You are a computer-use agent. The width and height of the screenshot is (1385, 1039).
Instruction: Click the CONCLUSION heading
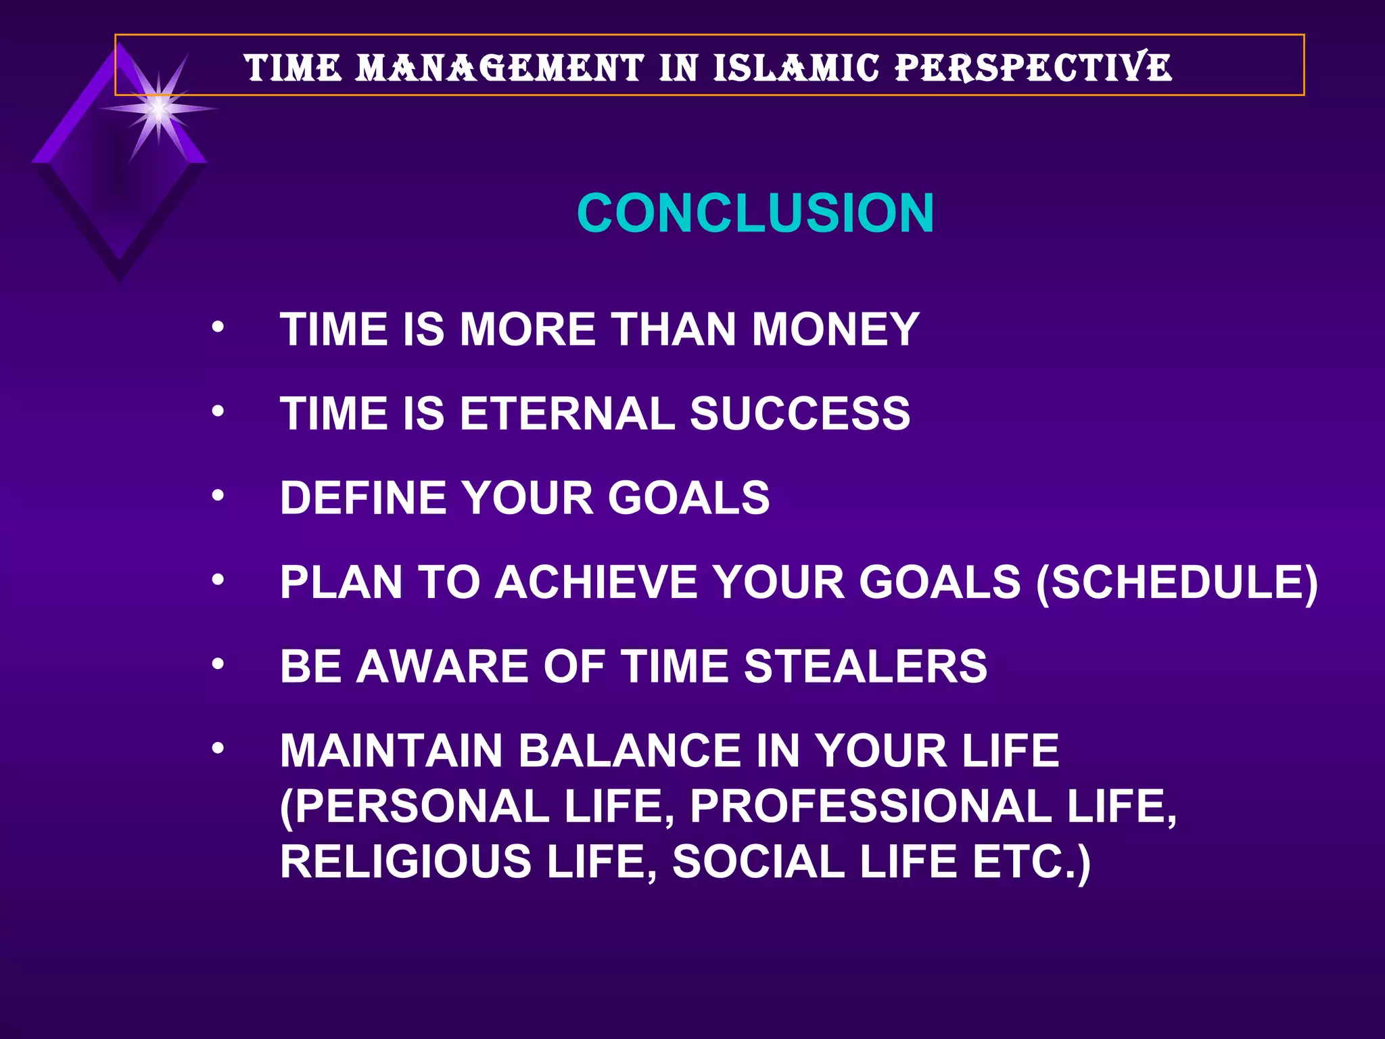(x=755, y=214)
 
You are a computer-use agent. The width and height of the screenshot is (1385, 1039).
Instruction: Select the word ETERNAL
(x=567, y=414)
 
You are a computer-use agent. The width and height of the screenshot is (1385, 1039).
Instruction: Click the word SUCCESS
(x=800, y=414)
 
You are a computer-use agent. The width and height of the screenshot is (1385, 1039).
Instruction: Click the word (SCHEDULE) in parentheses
(x=1177, y=583)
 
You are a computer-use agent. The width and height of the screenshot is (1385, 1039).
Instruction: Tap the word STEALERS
(x=866, y=667)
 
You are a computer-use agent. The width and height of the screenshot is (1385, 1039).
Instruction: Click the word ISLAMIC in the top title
(x=796, y=68)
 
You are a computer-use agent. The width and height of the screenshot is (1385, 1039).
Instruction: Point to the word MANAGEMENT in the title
(x=500, y=68)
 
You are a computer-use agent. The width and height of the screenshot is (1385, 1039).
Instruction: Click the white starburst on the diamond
(x=158, y=109)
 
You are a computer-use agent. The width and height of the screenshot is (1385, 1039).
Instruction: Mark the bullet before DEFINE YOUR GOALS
(x=217, y=496)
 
